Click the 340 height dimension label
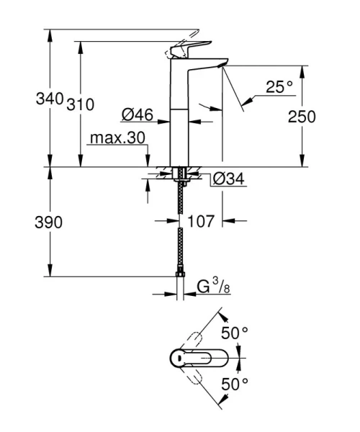click(x=50, y=102)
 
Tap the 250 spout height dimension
click(x=302, y=116)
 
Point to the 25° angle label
click(x=279, y=86)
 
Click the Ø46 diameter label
click(x=135, y=114)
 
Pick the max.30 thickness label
click(x=118, y=138)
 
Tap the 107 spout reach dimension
click(x=202, y=222)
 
